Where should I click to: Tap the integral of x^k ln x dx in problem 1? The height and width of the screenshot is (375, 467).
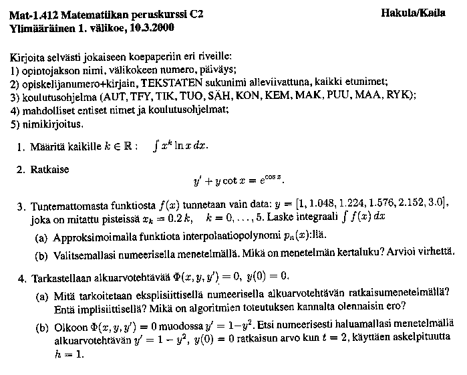click(x=180, y=146)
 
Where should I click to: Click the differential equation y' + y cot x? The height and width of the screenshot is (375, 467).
click(x=242, y=181)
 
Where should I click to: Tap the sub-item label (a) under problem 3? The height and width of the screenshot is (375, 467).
click(x=41, y=236)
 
